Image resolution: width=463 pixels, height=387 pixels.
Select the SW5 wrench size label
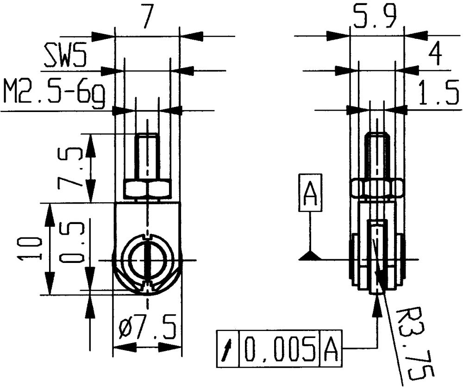pos(65,56)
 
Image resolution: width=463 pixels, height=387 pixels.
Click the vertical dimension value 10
pos(29,249)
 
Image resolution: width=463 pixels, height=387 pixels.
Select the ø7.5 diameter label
pos(147,329)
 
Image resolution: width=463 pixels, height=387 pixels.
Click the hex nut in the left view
pos(147,189)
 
